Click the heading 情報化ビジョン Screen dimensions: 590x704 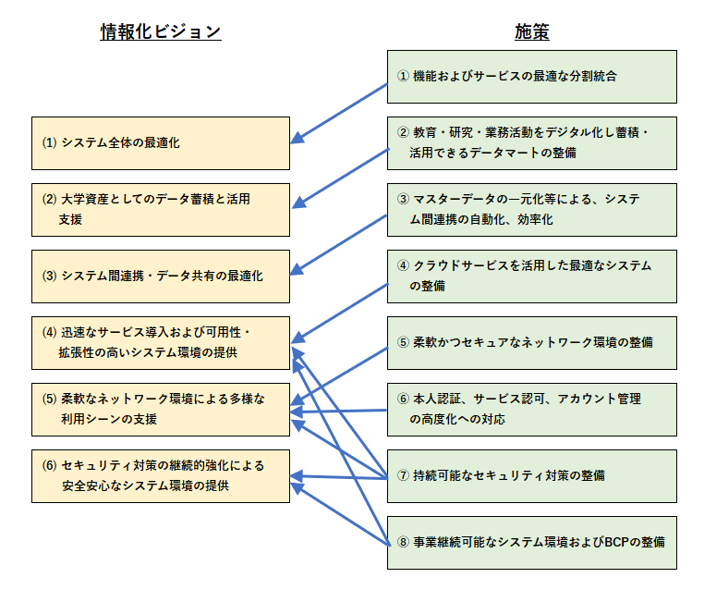point(161,32)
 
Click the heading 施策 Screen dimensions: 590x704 point(531,32)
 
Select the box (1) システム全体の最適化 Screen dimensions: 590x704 point(161,143)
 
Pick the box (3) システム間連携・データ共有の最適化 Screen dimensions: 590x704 point(161,277)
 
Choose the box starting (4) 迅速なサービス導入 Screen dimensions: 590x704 point(161,343)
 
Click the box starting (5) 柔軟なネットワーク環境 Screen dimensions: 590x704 point(161,410)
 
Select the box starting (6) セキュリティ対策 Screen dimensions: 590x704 point(161,476)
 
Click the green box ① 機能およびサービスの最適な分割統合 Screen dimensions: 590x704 point(531,77)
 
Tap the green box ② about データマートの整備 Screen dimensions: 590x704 point(531,143)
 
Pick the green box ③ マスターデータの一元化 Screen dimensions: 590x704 point(531,210)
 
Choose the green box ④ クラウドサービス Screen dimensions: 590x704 point(531,277)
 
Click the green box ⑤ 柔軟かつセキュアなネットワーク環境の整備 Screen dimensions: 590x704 point(531,343)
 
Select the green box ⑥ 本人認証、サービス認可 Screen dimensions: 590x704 point(531,410)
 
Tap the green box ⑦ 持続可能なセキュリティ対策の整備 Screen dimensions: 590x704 point(531,476)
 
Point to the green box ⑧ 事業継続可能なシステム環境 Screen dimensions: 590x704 point(531,543)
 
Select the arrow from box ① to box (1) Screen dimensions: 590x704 point(340,112)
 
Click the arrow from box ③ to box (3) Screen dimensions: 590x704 point(340,244)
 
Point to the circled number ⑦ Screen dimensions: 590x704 point(403,476)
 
